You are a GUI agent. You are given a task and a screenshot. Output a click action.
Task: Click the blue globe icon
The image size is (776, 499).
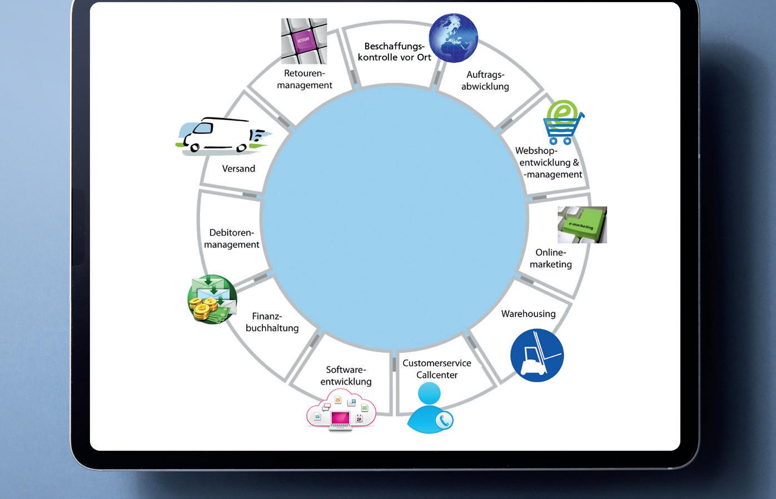point(454,38)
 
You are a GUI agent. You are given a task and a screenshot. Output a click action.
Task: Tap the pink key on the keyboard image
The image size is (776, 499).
point(304,42)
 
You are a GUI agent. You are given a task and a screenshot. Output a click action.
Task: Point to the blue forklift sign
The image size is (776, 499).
point(537,355)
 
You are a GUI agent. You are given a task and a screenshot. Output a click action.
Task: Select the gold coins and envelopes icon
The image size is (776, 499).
point(212,300)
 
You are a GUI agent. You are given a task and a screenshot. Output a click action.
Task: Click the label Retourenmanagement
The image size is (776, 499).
point(305,79)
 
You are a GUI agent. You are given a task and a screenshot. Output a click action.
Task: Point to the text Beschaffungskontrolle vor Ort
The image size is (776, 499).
point(394,52)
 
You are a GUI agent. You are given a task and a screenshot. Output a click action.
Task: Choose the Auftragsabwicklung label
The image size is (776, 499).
point(485,81)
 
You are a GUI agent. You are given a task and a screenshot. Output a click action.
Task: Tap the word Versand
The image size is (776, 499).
point(238,168)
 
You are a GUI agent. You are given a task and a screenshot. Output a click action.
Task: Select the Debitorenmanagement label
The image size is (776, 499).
point(232,238)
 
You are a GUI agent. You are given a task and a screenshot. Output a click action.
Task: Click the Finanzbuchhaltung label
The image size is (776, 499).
point(272,322)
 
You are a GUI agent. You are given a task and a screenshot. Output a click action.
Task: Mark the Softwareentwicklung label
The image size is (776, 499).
point(346,376)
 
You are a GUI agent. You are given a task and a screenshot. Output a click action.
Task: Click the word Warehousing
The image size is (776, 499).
point(528,314)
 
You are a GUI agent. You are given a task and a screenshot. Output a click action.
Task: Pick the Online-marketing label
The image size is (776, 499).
point(550,258)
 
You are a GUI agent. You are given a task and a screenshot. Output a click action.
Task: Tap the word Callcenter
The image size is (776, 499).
point(437,375)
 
